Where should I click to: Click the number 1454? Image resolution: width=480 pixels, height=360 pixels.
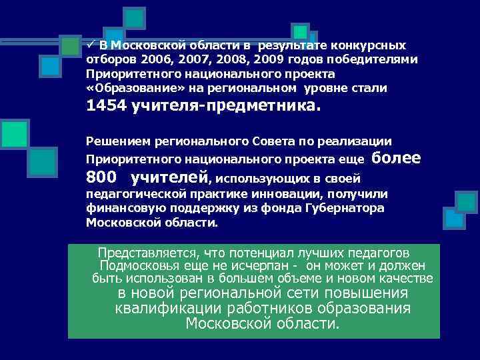coord(107,106)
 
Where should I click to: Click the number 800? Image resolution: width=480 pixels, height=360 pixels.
coord(102,178)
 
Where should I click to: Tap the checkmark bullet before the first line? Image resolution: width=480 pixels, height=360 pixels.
coord(89,45)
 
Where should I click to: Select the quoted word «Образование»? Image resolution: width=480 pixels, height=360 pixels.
coord(123,88)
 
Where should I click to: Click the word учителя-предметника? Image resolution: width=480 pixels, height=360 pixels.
coord(227,106)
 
